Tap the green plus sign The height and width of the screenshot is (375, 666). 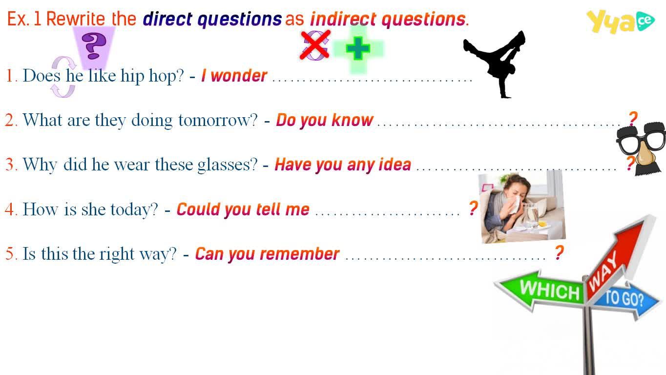click(x=358, y=48)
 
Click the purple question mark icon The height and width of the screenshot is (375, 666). click(x=94, y=46)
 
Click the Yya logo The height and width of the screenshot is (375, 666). click(x=621, y=21)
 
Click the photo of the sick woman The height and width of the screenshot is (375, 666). click(x=522, y=207)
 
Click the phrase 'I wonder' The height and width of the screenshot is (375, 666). click(x=234, y=76)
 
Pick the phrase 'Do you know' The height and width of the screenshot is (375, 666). click(x=324, y=121)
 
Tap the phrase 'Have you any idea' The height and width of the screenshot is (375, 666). click(x=343, y=165)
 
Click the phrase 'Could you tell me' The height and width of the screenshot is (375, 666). click(x=243, y=209)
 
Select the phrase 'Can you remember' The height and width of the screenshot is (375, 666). click(x=267, y=254)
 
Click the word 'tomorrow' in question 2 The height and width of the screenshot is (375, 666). click(x=218, y=121)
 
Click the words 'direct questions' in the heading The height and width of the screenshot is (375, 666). click(x=212, y=20)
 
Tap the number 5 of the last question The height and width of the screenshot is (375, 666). click(x=9, y=254)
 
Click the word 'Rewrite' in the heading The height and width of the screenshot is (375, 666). click(x=76, y=19)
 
